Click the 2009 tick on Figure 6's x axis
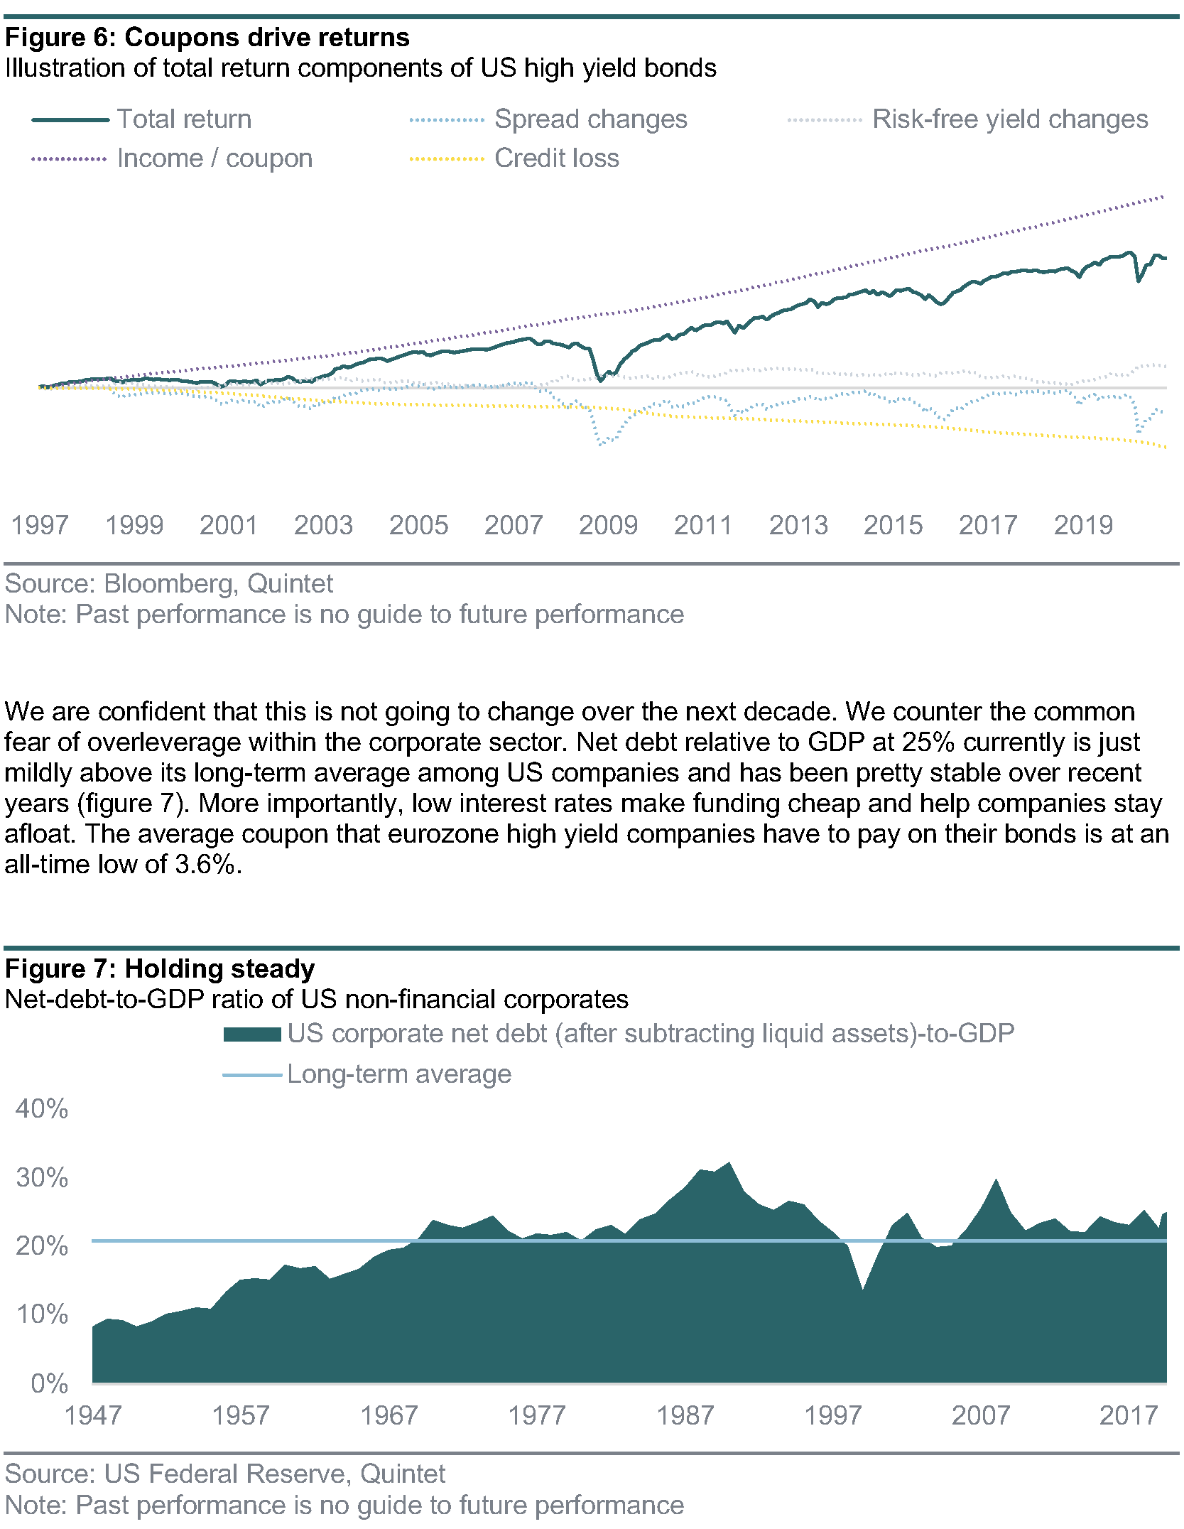608,526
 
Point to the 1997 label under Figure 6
40,526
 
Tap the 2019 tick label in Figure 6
1083,526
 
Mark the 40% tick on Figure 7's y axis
42,1109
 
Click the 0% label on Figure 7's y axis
50,1383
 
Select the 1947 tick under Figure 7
93,1415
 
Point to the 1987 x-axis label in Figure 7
685,1415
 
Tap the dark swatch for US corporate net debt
252,1034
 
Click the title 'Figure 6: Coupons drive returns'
207,38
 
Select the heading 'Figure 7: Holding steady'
160,969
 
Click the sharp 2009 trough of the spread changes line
601,445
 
